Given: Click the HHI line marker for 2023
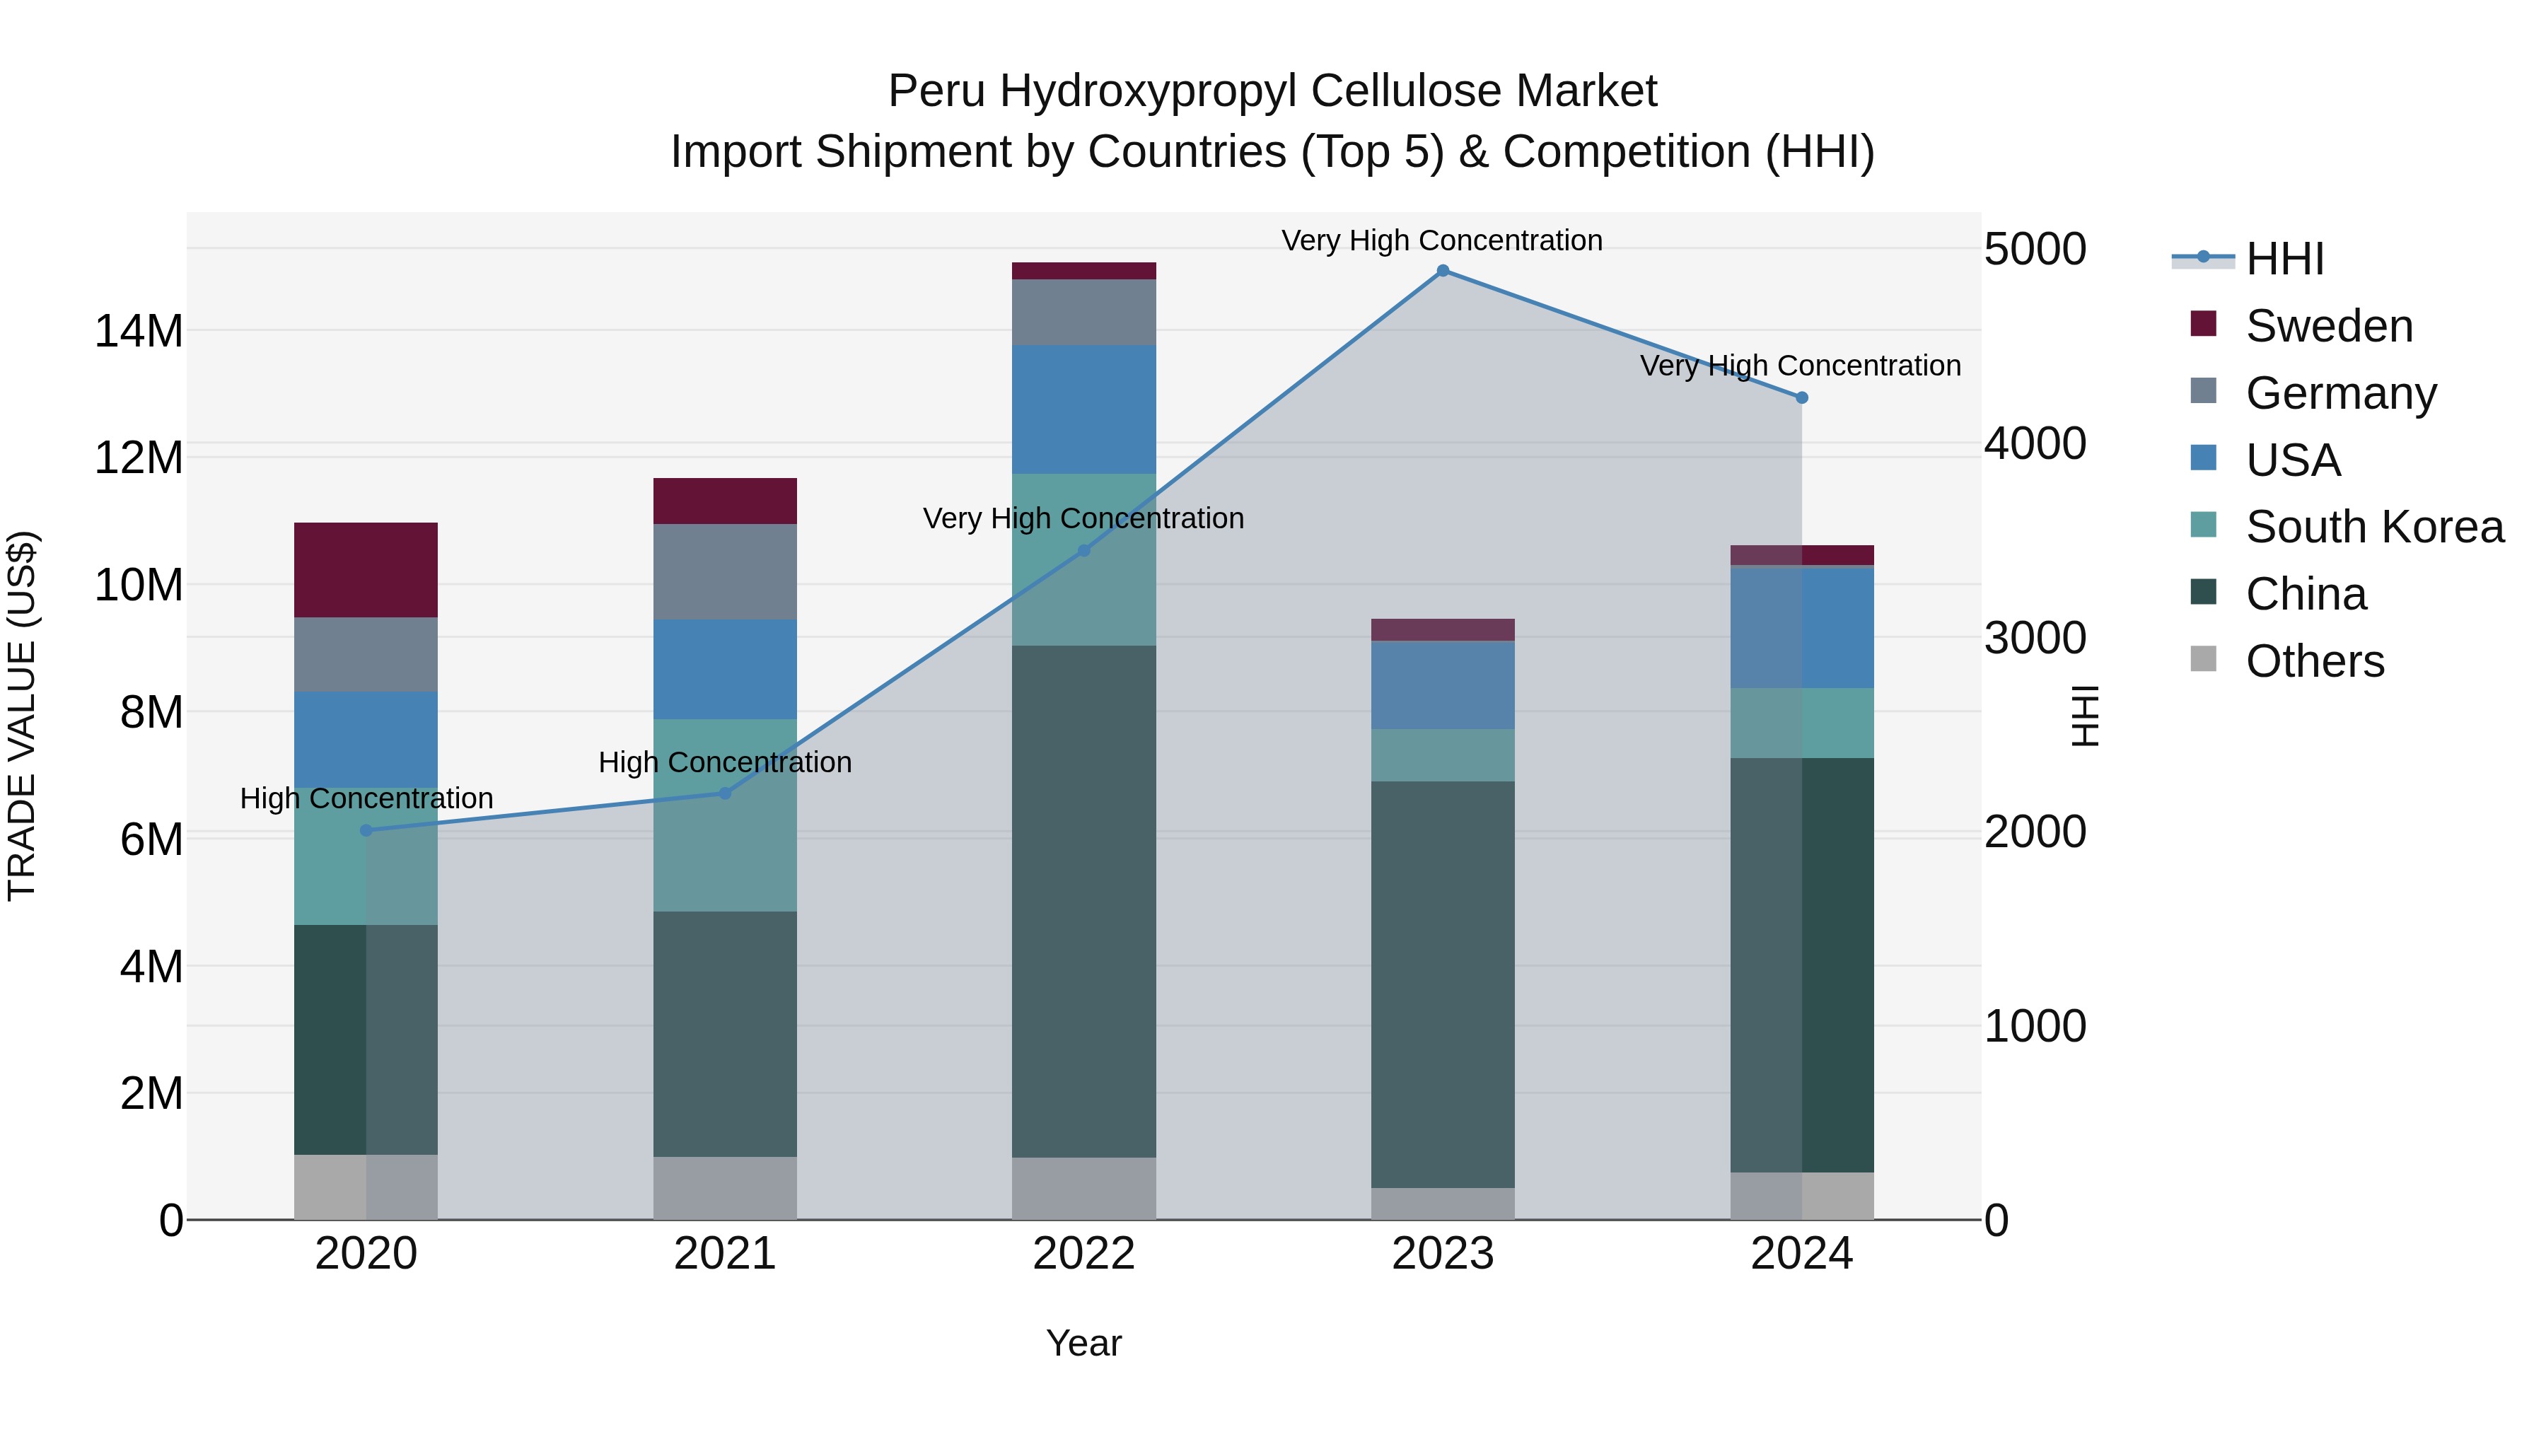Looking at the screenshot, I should pyautogui.click(x=1442, y=271).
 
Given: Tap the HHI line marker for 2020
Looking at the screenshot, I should pyautogui.click(x=366, y=830).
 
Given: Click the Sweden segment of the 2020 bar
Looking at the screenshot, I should pyautogui.click(x=366, y=570).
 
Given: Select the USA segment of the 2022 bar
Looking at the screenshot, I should pyautogui.click(x=1083, y=409).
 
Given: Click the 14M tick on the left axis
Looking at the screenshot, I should pyautogui.click(x=139, y=331).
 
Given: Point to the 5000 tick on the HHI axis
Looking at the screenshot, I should pyautogui.click(x=2035, y=249).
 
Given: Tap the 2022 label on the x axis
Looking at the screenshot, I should pyautogui.click(x=1083, y=1254).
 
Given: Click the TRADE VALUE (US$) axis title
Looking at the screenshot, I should pyautogui.click(x=23, y=716).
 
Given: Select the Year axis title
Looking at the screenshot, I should pyautogui.click(x=1083, y=1343).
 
